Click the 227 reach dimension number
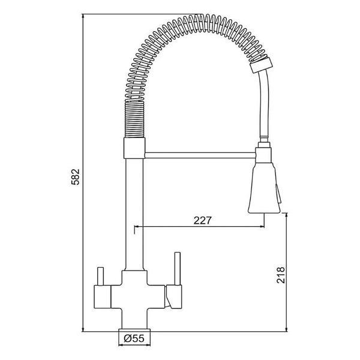tap(203, 220)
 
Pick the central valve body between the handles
tap(134, 294)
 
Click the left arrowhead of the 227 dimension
tap(136, 227)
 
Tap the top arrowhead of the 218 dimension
tap(287, 215)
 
